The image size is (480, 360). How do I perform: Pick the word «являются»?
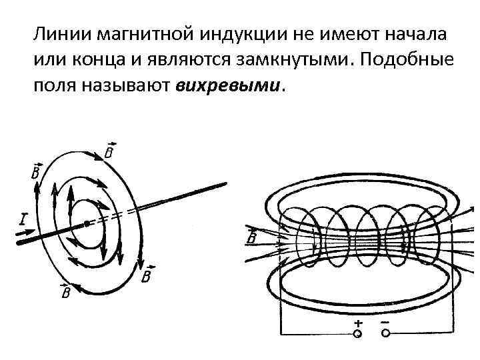click(x=183, y=60)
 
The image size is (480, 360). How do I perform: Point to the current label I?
click(x=23, y=219)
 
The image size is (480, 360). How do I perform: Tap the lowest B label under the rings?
click(x=66, y=293)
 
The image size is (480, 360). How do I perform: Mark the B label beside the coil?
click(x=251, y=238)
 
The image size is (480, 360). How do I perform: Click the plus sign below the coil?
click(x=358, y=321)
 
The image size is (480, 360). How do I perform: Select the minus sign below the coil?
click(x=385, y=321)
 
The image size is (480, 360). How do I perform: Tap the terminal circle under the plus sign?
click(x=358, y=333)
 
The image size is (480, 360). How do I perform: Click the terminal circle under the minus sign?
click(x=385, y=333)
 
